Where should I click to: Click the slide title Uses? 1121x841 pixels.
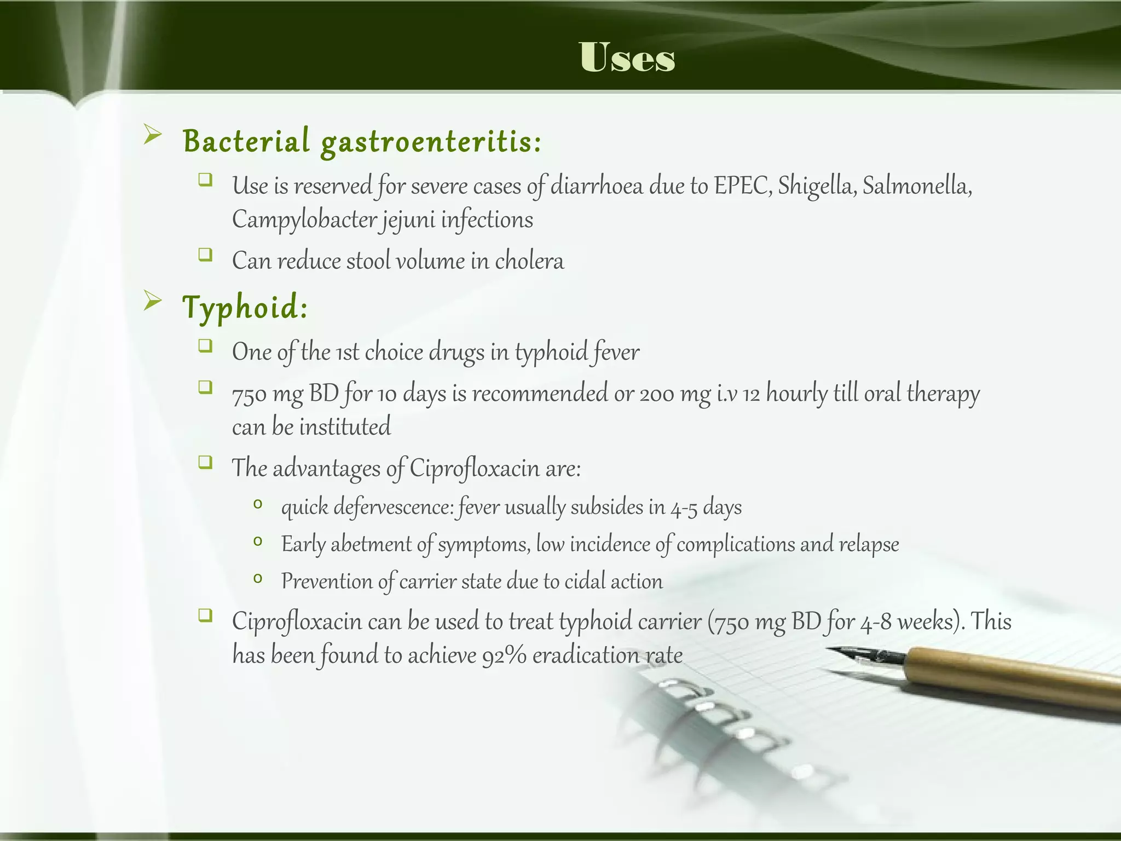pos(627,57)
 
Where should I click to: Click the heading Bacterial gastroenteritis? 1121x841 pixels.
pos(361,141)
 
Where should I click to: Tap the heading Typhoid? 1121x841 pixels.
pos(245,307)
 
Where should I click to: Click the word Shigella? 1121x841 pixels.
pos(816,186)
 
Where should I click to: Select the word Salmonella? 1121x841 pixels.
pos(917,186)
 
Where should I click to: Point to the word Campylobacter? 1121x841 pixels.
pos(304,221)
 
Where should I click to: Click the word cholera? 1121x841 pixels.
pos(529,261)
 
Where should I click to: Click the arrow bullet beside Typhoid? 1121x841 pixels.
pos(152,301)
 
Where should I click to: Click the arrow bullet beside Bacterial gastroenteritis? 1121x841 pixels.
pos(152,135)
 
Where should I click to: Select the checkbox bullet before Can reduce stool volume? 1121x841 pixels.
pos(205,255)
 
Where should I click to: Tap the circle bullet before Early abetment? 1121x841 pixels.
pos(258,542)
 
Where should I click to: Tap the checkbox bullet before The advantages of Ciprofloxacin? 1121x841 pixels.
pos(205,463)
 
